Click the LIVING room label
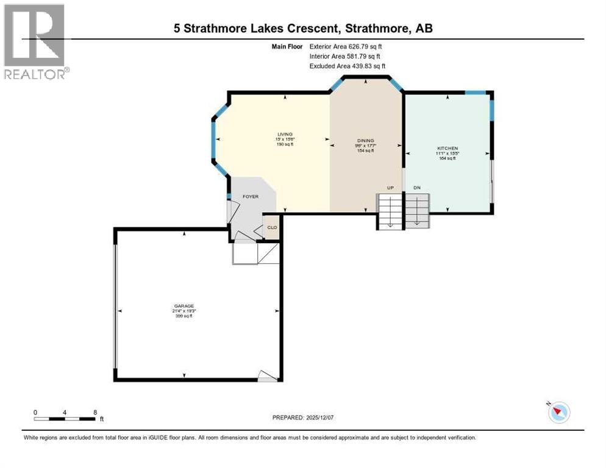point(285,134)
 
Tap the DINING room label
point(365,140)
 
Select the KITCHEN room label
point(447,148)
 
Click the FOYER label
point(251,197)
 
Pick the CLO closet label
point(272,228)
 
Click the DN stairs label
point(417,188)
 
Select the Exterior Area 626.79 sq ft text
point(346,46)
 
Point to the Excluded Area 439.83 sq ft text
point(348,66)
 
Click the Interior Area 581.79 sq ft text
point(346,56)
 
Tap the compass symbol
point(558,413)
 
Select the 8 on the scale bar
point(95,412)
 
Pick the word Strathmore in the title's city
point(379,28)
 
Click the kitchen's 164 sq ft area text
point(447,158)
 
